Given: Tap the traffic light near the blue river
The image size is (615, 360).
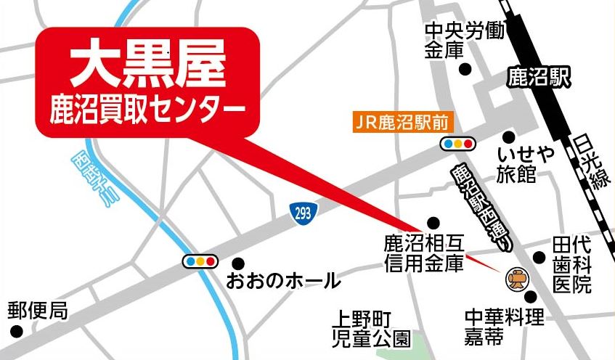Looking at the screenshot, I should click(200, 261).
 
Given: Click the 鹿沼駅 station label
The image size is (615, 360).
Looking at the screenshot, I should click(538, 77).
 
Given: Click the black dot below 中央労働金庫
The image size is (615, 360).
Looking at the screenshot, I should click(465, 70).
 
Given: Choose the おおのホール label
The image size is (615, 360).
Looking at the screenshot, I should click(282, 279).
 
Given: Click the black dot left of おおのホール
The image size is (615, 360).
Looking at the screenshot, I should click(238, 263).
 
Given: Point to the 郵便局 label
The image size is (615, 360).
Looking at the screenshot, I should click(38, 311).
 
